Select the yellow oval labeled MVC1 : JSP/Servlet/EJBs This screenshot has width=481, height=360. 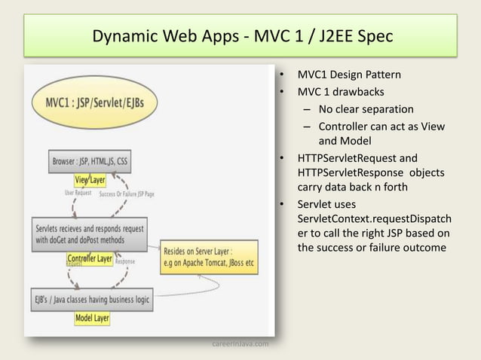[85, 102]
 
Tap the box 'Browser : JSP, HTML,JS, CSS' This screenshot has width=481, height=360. [90, 161]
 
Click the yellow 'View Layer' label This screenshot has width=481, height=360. [90, 180]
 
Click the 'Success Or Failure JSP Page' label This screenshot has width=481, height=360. [127, 194]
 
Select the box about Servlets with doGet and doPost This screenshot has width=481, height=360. [90, 233]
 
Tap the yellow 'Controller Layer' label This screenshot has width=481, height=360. [90, 258]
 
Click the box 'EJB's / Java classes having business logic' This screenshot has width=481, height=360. [90, 299]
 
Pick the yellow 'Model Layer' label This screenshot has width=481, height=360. [92, 319]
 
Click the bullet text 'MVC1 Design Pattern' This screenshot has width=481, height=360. [349, 75]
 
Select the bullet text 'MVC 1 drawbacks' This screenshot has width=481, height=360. [340, 93]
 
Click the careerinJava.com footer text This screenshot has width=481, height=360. [240, 344]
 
